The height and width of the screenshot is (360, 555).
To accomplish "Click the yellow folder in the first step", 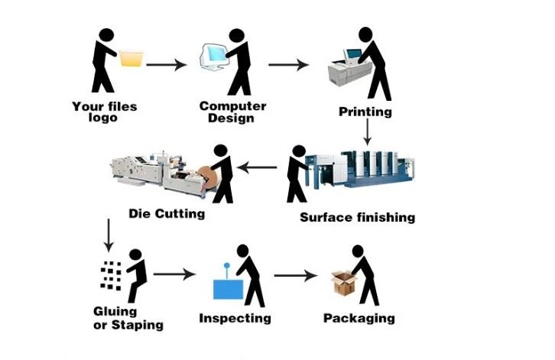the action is pos(131,58).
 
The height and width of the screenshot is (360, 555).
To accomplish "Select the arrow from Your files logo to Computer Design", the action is pos(167,65).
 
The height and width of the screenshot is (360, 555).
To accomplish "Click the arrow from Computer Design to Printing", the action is pos(288,65).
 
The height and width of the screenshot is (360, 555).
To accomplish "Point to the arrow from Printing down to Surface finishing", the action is pos(368,131).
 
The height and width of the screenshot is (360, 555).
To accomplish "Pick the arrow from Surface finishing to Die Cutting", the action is pos(257,167).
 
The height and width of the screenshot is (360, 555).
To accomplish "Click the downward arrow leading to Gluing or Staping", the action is pos(109,235).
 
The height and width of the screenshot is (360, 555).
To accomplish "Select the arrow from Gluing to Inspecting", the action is pos(174,274).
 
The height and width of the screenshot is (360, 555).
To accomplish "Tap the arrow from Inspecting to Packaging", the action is pos(296,275).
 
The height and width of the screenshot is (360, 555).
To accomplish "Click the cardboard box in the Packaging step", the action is pos(344,283).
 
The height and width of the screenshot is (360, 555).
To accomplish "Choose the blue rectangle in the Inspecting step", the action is pos(229,289).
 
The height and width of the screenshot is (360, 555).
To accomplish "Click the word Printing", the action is pos(365,112).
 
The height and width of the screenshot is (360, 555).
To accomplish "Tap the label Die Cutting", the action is pos(167,214).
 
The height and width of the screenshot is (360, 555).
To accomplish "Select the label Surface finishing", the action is pos(358,217).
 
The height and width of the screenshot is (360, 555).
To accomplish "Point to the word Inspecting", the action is pos(235,318).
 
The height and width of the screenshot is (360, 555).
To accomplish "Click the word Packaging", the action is pos(359,318).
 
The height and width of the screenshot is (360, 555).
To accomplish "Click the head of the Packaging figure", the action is pos(358,251).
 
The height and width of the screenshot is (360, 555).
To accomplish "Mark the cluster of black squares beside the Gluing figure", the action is pos(111,276).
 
